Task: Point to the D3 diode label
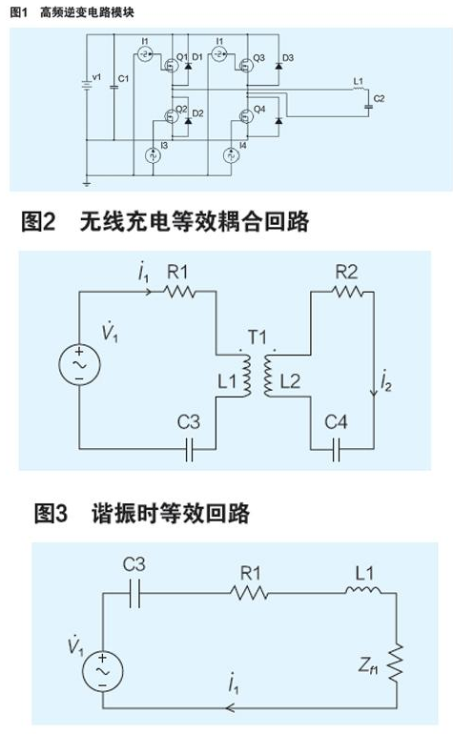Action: click(287, 58)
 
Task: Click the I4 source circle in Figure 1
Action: click(230, 155)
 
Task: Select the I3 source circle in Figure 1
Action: click(150, 155)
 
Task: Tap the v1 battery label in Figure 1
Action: click(94, 76)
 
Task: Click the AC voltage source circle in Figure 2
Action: click(76, 366)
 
